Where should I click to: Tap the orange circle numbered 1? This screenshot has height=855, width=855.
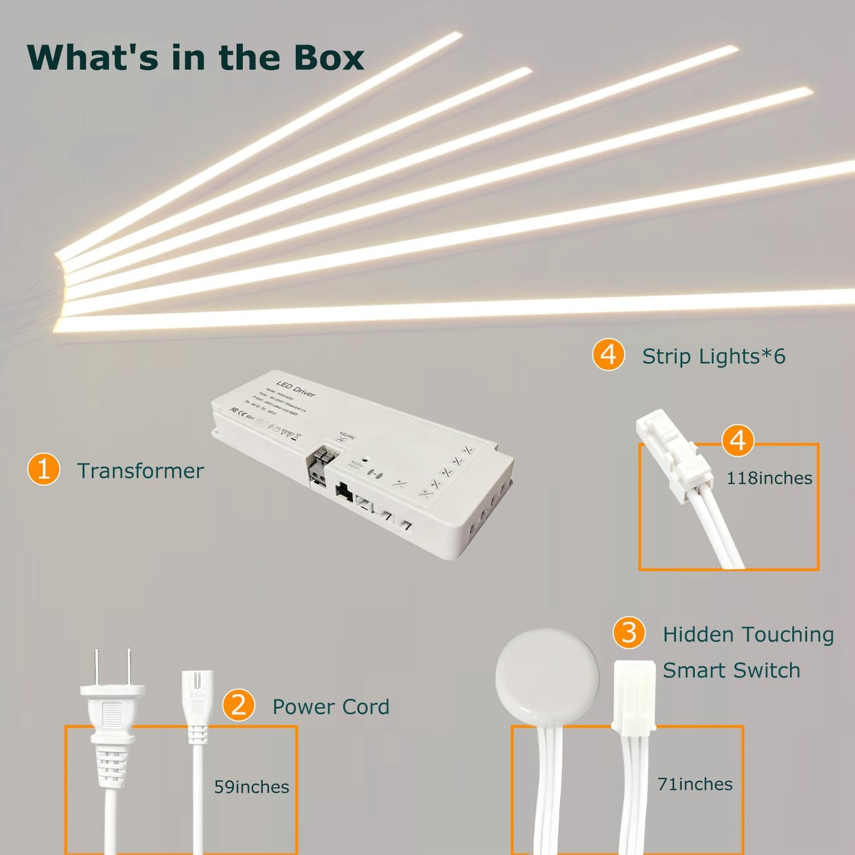[43, 469]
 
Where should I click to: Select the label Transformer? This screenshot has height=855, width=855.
[140, 471]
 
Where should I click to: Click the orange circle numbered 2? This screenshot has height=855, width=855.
[238, 705]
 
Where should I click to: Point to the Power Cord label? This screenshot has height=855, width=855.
[330, 706]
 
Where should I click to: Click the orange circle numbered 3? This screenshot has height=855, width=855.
[628, 633]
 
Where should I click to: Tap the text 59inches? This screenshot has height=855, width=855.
[251, 787]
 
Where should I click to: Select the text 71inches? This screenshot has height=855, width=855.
[695, 784]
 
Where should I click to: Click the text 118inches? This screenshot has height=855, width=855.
[769, 478]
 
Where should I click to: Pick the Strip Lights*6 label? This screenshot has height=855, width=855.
[714, 356]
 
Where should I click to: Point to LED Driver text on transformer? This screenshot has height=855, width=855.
[296, 389]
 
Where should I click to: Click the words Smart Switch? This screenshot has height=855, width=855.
[731, 670]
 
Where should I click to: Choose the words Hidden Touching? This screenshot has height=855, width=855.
[748, 634]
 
